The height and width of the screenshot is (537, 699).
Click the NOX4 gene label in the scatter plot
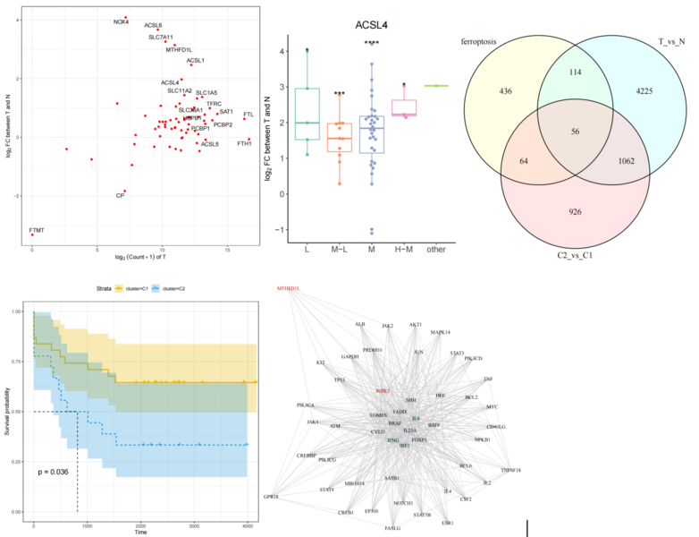coord(121,21)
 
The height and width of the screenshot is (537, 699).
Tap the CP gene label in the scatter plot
coord(120,194)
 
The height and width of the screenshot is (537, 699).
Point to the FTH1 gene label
coord(244,143)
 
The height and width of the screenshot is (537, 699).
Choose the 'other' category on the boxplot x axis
coord(436,247)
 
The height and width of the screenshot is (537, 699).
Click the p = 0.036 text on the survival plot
coord(55,471)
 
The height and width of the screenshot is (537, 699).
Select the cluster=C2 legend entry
coord(169,289)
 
